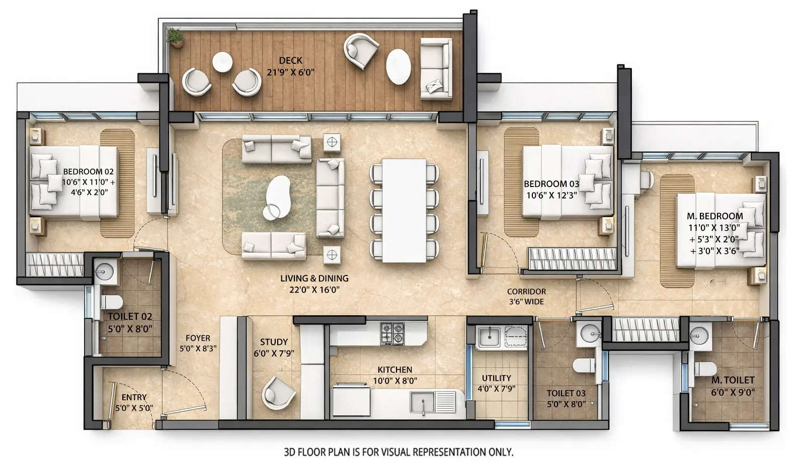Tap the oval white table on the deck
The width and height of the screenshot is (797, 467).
pos(398,66)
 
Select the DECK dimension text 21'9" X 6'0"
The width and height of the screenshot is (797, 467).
pos(290,72)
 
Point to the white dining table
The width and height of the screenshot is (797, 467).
pos(404,210)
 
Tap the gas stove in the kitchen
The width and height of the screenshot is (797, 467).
pos(392,333)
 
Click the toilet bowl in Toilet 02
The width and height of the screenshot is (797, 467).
pos(111,302)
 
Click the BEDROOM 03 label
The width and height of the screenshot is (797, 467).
pos(551,184)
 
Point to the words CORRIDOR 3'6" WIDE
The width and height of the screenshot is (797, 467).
pos(526,297)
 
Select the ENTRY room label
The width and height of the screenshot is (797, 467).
pos(134,397)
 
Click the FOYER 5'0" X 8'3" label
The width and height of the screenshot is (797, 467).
pos(198,343)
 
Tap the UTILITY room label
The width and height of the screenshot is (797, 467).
pos(496,378)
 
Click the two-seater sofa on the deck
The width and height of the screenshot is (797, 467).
pos(435,68)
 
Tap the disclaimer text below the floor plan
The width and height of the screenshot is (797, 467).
pos(398,452)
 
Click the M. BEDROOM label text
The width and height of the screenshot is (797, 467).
pos(714,216)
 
